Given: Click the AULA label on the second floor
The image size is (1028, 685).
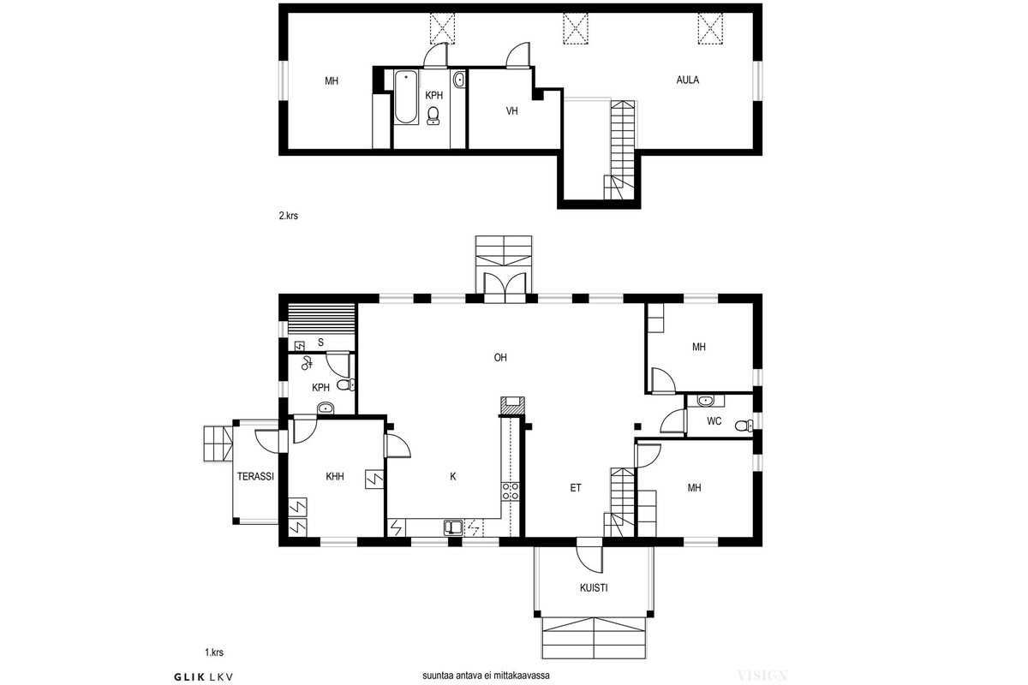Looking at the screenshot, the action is point(687,80).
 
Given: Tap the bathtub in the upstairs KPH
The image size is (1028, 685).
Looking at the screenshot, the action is point(406,97).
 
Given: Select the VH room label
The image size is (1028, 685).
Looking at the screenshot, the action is point(511,111).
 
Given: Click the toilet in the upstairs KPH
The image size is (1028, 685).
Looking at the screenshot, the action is point(433,116).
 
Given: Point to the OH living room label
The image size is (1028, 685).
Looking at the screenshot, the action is point(500,357).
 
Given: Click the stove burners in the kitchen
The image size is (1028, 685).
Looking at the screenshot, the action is point(511,491).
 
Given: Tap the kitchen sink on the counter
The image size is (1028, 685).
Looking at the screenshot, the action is point(453,527).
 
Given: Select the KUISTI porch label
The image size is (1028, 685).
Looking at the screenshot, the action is point(594,587).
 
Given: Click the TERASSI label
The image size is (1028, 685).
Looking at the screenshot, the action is point(255,476).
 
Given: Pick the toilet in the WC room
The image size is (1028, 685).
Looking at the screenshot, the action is point(744,426).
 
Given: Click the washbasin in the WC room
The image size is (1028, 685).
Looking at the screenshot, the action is point(704,401).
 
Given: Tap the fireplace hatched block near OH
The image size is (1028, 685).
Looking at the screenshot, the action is point(512,406).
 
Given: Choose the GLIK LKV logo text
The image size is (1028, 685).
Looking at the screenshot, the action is point(204,676).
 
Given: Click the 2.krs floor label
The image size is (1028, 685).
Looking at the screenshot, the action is point(288,216).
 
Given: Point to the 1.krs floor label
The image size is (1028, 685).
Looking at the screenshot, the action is point(214,652).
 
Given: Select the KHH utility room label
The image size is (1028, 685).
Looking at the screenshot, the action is point(335,477).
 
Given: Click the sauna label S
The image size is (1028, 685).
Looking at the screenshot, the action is point(320,342).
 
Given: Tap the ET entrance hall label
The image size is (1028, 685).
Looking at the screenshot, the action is point(576,488).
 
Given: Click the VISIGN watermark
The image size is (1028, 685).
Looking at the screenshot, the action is point(762,676).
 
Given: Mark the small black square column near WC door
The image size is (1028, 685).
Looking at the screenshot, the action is point(637,426).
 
